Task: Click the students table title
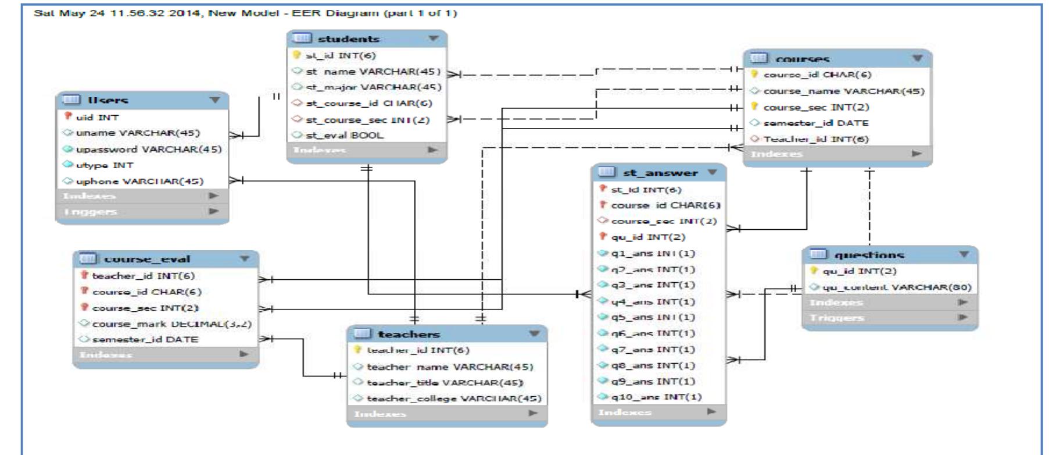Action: pyautogui.click(x=348, y=39)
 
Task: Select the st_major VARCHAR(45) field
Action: pyautogui.click(x=373, y=87)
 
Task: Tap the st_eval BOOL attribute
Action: pyautogui.click(x=344, y=135)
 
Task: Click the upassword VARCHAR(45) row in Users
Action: pyautogui.click(x=148, y=149)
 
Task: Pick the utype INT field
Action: pyautogui.click(x=104, y=165)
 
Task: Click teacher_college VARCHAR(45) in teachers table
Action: pyautogui.click(x=453, y=399)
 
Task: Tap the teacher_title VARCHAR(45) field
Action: pyautogui.click(x=445, y=382)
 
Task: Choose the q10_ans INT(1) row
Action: pyautogui.click(x=656, y=397)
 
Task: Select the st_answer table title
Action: pyautogui.click(x=660, y=173)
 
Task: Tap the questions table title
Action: pyautogui.click(x=869, y=255)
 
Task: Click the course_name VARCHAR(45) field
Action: pyautogui.click(x=843, y=91)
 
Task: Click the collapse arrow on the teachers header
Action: pyautogui.click(x=534, y=334)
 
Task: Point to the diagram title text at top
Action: pyautogui.click(x=245, y=12)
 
